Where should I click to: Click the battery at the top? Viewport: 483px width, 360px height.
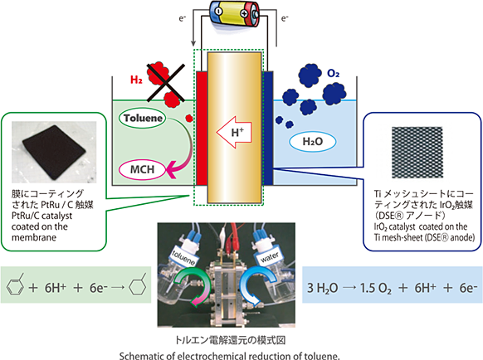[x=235, y=14]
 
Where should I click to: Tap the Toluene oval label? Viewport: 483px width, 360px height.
[x=142, y=119]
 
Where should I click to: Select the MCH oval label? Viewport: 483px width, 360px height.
[x=142, y=169]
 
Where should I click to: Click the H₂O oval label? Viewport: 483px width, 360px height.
[x=313, y=141]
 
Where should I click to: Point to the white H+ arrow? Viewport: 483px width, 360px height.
[x=234, y=133]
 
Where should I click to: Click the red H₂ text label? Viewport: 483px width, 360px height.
[x=136, y=80]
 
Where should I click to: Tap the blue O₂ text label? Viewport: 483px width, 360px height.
[x=334, y=73]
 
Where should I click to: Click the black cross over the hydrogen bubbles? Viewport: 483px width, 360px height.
[x=166, y=82]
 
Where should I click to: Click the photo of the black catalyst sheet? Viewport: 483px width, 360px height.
[x=54, y=152]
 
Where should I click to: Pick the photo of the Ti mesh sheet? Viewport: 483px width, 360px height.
[x=417, y=153]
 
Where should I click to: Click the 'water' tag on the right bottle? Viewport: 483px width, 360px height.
[x=270, y=256]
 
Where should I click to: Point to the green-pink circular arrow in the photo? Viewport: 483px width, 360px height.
[x=192, y=287]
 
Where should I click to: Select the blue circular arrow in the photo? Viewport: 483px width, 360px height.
[x=258, y=286]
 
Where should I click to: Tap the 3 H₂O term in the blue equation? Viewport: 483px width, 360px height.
[x=323, y=288]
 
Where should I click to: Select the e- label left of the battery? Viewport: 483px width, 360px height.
[x=183, y=18]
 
